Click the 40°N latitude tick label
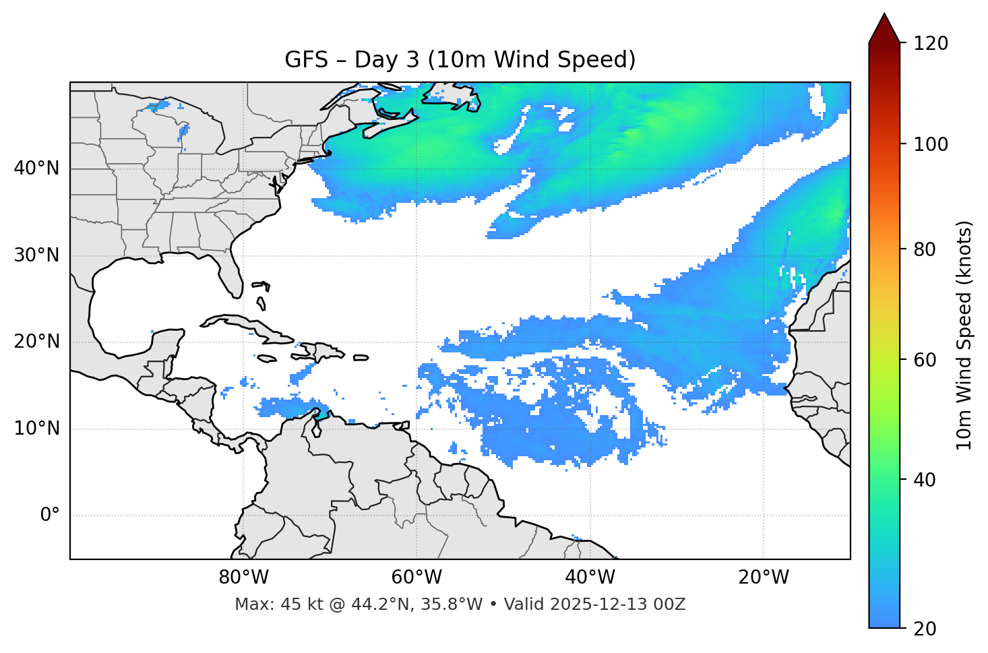(36, 168)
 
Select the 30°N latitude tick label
(36, 255)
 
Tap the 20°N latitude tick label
(36, 342)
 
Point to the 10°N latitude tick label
(36, 429)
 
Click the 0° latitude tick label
(50, 516)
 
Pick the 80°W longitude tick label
(243, 578)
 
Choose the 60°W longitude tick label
(416, 578)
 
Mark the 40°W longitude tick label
(590, 578)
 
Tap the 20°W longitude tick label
(764, 578)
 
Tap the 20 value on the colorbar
(925, 629)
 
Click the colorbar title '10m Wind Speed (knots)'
(964, 336)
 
